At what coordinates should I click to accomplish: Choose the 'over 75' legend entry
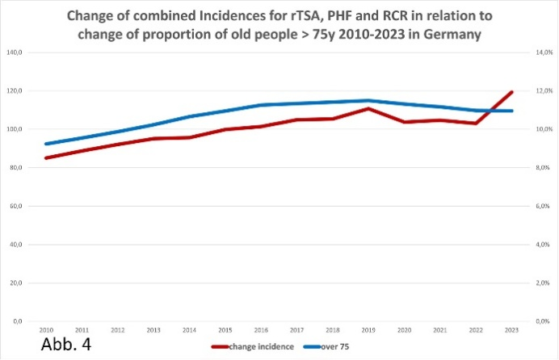331,347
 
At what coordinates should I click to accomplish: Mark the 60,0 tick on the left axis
36,206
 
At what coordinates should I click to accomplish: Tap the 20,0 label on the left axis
36,283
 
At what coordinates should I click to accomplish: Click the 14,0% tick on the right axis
541,52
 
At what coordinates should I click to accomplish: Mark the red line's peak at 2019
369,108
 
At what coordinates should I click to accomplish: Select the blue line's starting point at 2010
47,144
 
